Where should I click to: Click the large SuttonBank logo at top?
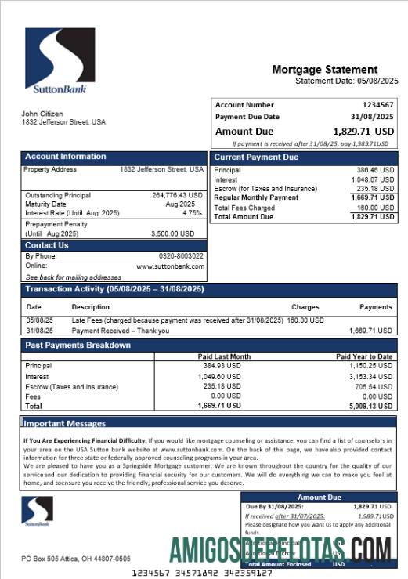tap(60, 61)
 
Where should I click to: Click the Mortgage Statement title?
tap(324, 70)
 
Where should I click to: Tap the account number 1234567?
tap(377, 105)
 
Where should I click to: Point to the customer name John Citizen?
tap(42, 114)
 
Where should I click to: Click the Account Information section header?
tap(66, 157)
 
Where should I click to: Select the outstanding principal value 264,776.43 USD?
tap(177, 195)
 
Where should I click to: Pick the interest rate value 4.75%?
tap(192, 213)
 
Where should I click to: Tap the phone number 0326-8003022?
tap(181, 256)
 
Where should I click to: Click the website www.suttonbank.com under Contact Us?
tap(170, 266)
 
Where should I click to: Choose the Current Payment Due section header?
tap(256, 157)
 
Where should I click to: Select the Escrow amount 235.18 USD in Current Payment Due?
tap(376, 189)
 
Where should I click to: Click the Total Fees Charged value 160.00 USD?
tap(376, 208)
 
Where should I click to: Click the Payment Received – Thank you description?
tap(120, 331)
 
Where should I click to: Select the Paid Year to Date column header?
tap(365, 356)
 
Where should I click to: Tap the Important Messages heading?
tap(64, 424)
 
